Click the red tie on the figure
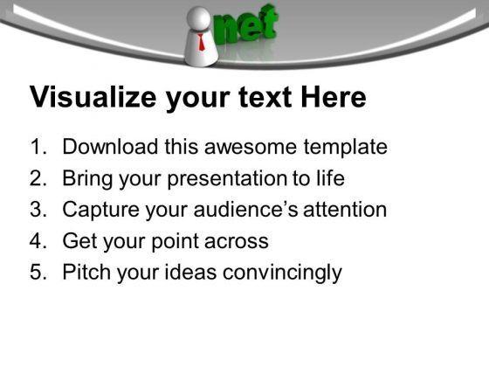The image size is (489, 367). coord(202,40)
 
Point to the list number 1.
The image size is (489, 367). coord(38,147)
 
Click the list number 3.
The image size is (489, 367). coord(38,210)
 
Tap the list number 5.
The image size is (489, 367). coord(38,272)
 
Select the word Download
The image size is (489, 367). coord(106,147)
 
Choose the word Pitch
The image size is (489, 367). coord(85,272)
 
